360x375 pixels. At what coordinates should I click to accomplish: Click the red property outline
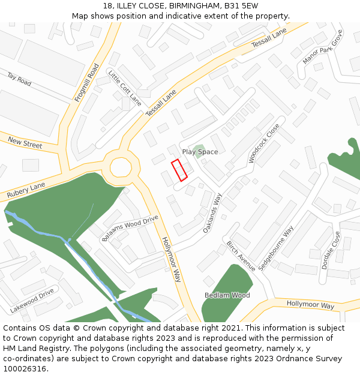pyautogui.click(x=179, y=170)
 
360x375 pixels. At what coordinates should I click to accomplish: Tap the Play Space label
pyautogui.click(x=200, y=152)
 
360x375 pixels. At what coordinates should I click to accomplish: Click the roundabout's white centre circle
pyautogui.click(x=121, y=166)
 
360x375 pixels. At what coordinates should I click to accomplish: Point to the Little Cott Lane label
pyautogui.click(x=125, y=88)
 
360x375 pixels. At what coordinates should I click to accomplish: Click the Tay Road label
pyautogui.click(x=19, y=79)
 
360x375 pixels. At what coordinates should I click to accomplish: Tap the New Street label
pyautogui.click(x=25, y=143)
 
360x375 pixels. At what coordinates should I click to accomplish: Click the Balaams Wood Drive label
pyautogui.click(x=130, y=228)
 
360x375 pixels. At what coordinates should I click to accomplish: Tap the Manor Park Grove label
pyautogui.click(x=322, y=47)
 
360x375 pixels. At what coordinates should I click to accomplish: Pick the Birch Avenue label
pyautogui.click(x=241, y=256)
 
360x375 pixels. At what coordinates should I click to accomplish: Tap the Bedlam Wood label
pyautogui.click(x=227, y=295)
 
